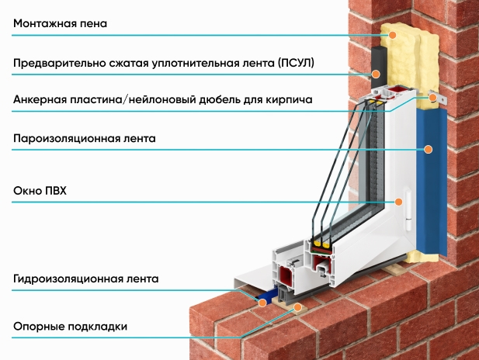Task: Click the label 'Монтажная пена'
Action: click(61, 23)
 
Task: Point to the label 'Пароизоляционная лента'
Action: click(85, 139)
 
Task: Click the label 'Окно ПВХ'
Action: click(40, 191)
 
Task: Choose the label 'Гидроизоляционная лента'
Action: click(86, 279)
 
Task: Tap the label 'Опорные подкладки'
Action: click(71, 327)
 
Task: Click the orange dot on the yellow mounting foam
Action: click(393, 35)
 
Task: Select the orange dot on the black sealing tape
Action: click(376, 74)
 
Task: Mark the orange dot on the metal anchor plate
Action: click(432, 98)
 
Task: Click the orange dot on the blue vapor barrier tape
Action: click(429, 149)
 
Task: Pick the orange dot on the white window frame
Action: click(398, 202)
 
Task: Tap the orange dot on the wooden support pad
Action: click(297, 307)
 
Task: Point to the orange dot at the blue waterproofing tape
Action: click(262, 303)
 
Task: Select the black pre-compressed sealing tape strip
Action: click(380, 67)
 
